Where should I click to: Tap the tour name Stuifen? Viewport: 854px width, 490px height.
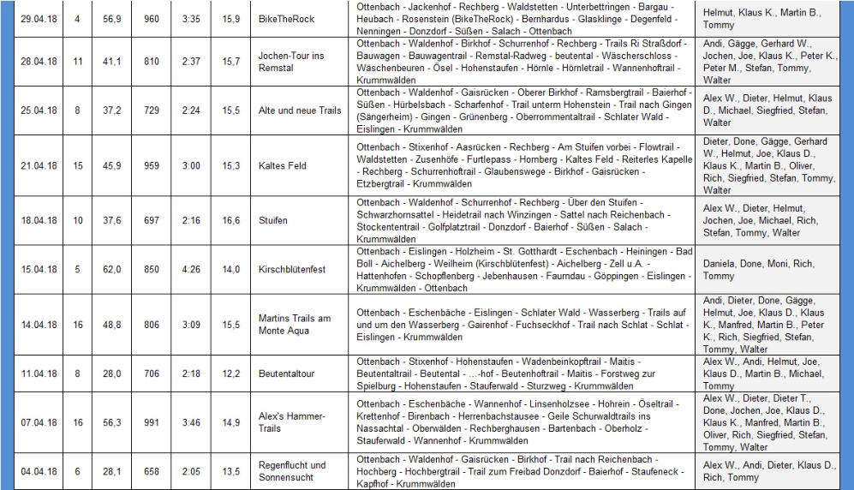[272, 220]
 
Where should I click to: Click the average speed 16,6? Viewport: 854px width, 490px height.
[230, 220]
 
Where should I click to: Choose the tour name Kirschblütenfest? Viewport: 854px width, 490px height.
[292, 270]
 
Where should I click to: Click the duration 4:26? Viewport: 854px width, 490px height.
[191, 270]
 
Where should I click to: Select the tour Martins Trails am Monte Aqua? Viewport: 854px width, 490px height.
[294, 325]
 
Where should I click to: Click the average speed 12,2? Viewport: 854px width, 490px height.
[230, 374]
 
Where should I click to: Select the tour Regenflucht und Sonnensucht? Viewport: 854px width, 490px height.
[292, 471]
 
